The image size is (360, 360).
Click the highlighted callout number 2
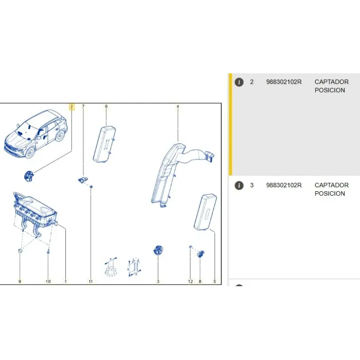click(x=71, y=107)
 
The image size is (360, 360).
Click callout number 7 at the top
click(x=83, y=107)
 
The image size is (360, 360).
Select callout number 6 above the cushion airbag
click(x=106, y=107)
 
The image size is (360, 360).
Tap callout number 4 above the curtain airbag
click(x=178, y=107)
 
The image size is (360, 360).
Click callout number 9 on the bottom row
click(x=19, y=282)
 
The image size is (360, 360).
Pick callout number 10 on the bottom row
click(x=48, y=282)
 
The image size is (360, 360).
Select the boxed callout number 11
click(x=90, y=282)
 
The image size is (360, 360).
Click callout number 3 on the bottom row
click(x=158, y=282)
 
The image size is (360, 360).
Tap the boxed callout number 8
click(x=200, y=282)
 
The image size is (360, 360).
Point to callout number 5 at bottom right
click(x=214, y=282)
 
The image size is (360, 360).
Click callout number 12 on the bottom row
click(x=190, y=282)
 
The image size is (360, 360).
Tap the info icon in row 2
click(x=239, y=82)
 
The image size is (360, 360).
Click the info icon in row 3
click(x=239, y=185)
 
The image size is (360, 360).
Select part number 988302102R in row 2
click(x=284, y=82)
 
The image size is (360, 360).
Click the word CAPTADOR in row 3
click(x=332, y=185)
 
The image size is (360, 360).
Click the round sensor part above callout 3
click(x=158, y=251)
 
